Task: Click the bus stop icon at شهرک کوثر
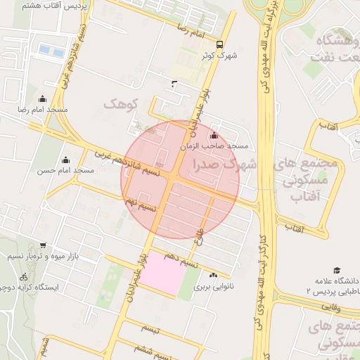[221, 43]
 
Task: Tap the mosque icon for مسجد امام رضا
[42, 98]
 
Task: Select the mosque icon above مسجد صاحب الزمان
[214, 135]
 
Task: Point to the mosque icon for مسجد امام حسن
[65, 160]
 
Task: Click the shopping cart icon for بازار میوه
[44, 245]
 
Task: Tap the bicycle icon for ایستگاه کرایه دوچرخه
[24, 276]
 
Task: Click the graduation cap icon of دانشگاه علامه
[337, 270]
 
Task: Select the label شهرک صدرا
[219, 165]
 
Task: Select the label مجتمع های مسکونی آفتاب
[309, 179]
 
